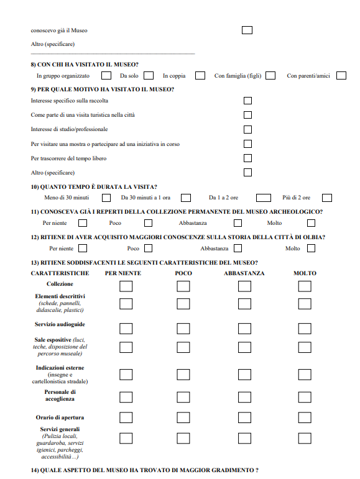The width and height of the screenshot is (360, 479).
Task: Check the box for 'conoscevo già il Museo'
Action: coord(247,30)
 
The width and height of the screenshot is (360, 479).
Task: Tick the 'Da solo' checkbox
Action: coord(149,75)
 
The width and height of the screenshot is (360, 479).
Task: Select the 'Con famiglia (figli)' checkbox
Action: coord(270,75)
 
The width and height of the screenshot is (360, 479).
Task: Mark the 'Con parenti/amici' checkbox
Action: coord(341,75)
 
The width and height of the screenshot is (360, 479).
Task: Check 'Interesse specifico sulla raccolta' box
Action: coord(247,100)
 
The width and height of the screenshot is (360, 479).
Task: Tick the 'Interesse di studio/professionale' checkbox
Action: coord(247,129)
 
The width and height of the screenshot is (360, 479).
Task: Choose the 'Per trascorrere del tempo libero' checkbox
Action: coord(247,158)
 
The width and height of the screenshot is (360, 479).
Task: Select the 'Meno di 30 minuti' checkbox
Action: coord(106,198)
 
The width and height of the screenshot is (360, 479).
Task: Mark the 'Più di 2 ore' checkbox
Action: coord(326,198)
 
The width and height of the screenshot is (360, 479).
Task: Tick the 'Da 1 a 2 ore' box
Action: coord(264,198)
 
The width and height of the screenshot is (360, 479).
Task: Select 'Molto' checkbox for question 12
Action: coord(311,249)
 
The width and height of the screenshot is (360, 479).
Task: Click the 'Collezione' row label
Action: coord(60,284)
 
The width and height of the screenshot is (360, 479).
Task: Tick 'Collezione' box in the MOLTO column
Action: coord(304,286)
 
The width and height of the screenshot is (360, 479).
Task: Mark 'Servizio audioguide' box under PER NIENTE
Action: coord(126,328)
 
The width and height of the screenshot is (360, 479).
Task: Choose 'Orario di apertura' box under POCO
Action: coord(183,417)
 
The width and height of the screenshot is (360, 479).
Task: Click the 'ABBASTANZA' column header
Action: coord(244,273)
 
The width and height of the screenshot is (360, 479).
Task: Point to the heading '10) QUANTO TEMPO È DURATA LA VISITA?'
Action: coord(94,187)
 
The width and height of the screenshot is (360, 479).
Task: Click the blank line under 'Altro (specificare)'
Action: coord(113,54)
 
